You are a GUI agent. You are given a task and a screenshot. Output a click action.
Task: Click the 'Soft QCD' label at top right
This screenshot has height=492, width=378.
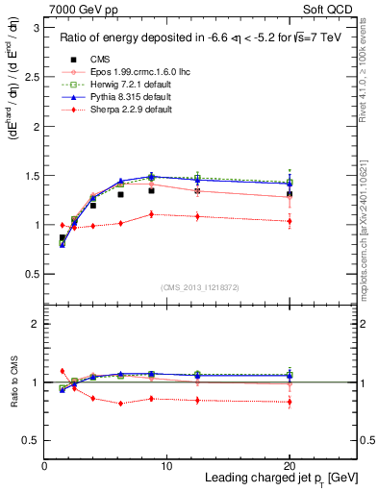click(332, 8)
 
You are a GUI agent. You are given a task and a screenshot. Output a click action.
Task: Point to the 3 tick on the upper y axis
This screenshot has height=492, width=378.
click(35, 29)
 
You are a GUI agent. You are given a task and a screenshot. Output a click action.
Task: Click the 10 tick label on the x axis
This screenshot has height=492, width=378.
click(166, 465)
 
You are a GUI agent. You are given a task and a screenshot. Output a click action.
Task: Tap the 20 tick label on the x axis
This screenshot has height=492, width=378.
click(289, 465)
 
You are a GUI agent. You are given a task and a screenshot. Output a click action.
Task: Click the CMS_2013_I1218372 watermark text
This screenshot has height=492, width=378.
click(200, 287)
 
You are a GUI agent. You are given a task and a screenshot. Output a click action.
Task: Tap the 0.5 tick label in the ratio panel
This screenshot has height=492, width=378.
click(31, 440)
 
